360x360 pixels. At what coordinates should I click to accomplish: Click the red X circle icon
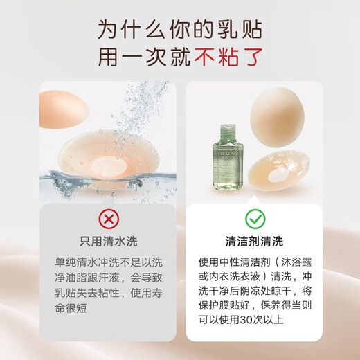(109, 219)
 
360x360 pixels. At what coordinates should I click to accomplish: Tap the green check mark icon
(255, 219)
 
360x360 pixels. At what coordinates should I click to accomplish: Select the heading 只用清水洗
(109, 242)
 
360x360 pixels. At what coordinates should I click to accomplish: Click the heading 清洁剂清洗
(254, 242)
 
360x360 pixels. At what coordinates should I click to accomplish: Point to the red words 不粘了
(228, 57)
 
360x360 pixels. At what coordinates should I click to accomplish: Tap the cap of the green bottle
(228, 132)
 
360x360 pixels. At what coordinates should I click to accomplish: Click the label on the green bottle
(228, 167)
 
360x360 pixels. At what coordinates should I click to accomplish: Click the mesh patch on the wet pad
(109, 165)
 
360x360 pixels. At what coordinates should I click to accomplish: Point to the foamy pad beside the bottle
(279, 170)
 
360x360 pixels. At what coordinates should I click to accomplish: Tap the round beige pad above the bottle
(278, 117)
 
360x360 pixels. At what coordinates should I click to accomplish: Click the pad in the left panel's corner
(63, 109)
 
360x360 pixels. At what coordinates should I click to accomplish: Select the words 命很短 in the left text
(71, 308)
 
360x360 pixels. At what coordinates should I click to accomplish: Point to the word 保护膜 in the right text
(214, 305)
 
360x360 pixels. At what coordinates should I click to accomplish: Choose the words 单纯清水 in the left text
(76, 262)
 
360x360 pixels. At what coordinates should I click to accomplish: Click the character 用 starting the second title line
(108, 57)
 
